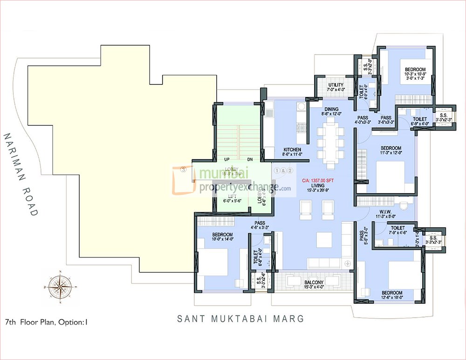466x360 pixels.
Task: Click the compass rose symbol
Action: (59, 284)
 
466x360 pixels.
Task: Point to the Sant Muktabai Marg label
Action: (240, 319)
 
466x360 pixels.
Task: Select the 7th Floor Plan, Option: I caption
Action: (46, 322)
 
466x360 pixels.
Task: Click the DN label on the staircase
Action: (250, 159)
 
